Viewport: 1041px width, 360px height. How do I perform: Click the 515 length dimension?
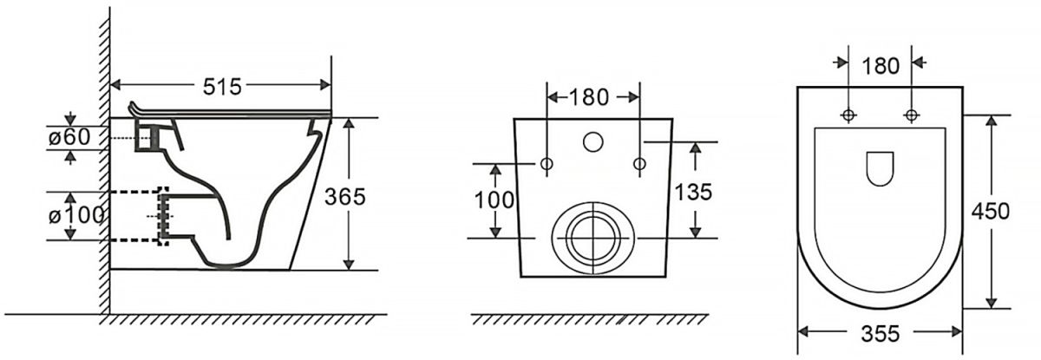point(222,87)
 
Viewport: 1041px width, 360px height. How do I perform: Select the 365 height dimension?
point(345,197)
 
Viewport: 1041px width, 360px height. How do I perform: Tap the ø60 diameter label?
point(69,137)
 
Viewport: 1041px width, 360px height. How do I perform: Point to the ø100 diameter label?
point(76,215)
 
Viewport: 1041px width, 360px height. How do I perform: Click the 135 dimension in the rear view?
point(693,192)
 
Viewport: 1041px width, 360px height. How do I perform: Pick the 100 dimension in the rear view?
point(494,200)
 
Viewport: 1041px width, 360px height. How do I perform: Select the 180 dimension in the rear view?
point(588,97)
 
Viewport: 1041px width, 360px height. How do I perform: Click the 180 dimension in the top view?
point(881,66)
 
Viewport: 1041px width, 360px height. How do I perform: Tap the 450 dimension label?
point(991,212)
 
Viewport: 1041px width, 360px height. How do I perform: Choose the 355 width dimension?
point(881,333)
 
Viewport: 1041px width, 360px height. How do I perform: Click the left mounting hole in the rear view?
point(547,163)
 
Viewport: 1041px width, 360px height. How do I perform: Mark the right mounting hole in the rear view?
point(640,163)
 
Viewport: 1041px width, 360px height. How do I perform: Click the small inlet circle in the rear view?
point(593,142)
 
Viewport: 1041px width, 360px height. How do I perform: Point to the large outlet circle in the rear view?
point(593,239)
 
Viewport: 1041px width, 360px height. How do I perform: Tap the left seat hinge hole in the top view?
point(849,115)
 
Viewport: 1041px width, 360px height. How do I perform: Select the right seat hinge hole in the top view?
point(912,115)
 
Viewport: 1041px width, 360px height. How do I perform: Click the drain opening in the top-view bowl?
point(881,168)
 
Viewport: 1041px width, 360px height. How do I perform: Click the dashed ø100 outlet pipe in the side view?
point(140,216)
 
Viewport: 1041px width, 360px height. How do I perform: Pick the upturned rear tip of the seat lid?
point(133,105)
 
